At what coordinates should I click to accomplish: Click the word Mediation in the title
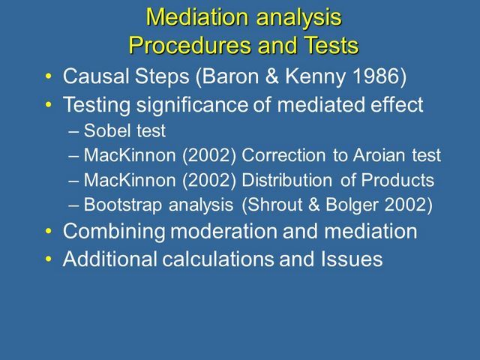pos(197,17)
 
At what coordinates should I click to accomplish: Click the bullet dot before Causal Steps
pos(48,76)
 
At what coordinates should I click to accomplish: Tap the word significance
pos(192,105)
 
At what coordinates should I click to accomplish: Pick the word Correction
pos(283,155)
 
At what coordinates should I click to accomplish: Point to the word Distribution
pos(286,180)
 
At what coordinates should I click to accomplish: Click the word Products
pos(397,180)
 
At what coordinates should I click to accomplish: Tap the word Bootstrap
pos(122,205)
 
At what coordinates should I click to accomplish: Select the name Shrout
pos(274,205)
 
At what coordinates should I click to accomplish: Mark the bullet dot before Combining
pos(48,231)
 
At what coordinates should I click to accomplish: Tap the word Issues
pos(352,259)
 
